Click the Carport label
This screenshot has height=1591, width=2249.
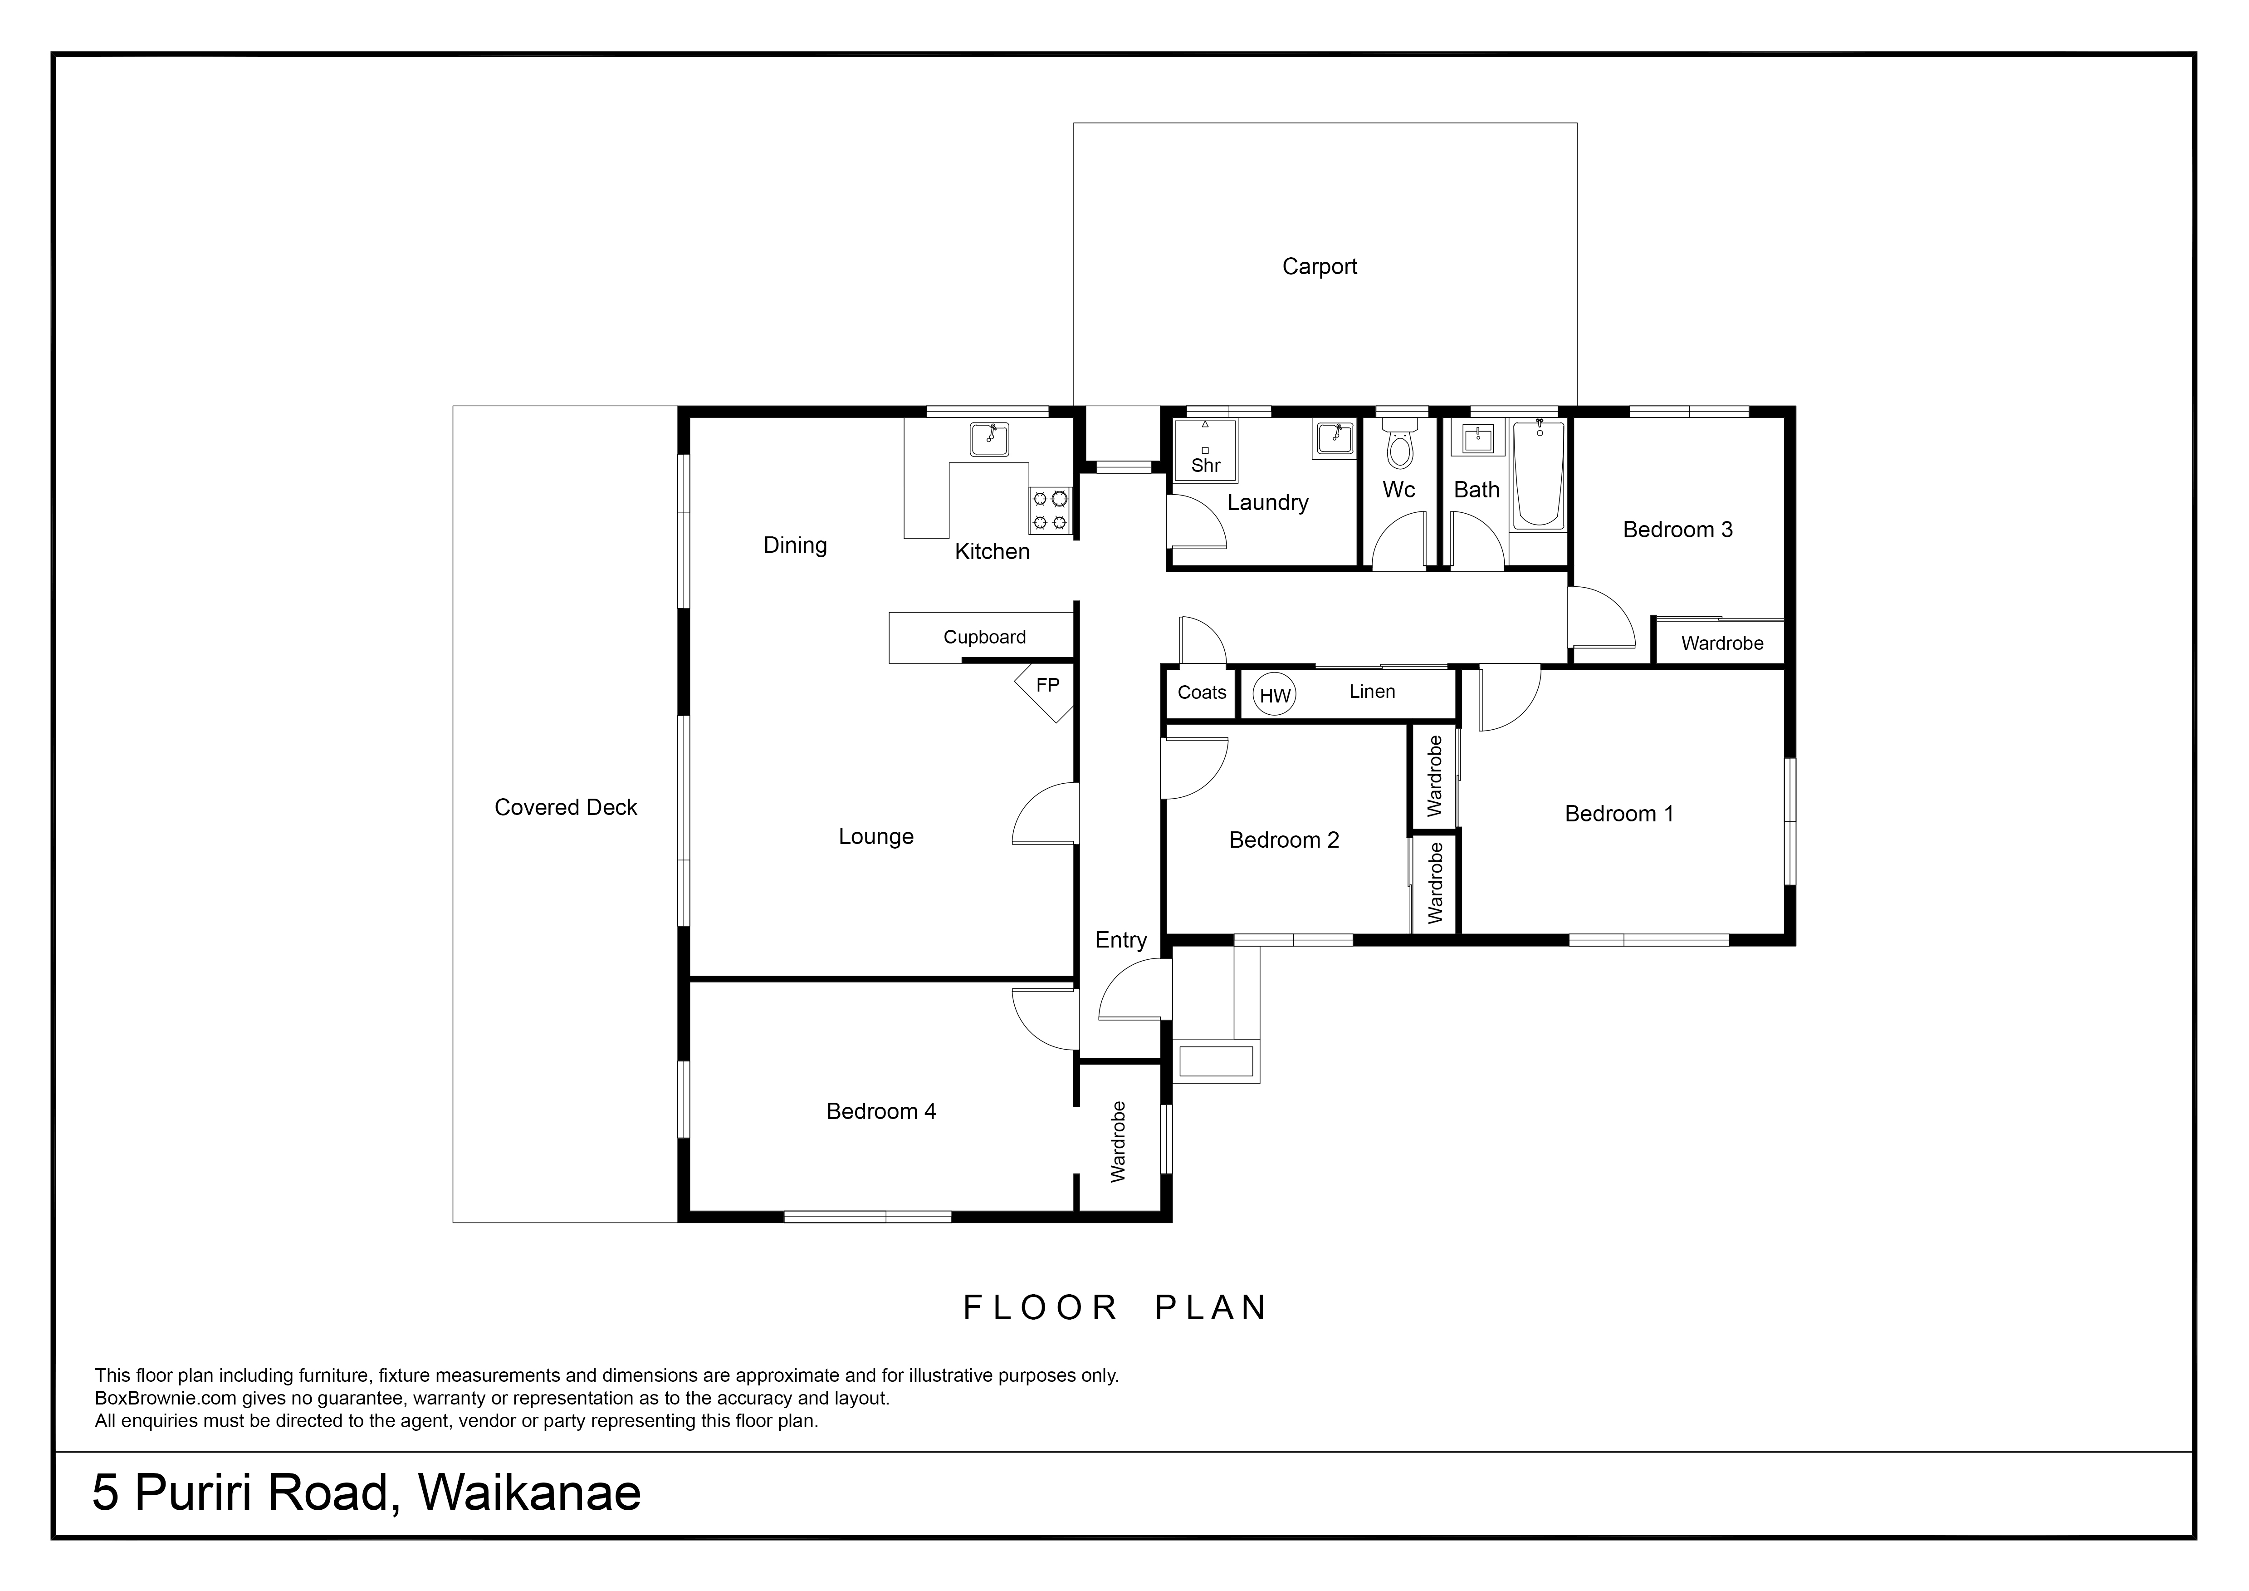coord(1320,266)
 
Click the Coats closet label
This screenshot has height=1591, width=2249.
coord(1202,692)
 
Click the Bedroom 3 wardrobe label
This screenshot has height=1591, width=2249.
coord(1722,643)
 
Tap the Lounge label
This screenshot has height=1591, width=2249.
coord(876,837)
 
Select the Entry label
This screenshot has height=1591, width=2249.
coord(1120,941)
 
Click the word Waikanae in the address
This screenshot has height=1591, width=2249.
coord(530,1492)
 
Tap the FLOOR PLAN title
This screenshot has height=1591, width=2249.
coord(1115,1308)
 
